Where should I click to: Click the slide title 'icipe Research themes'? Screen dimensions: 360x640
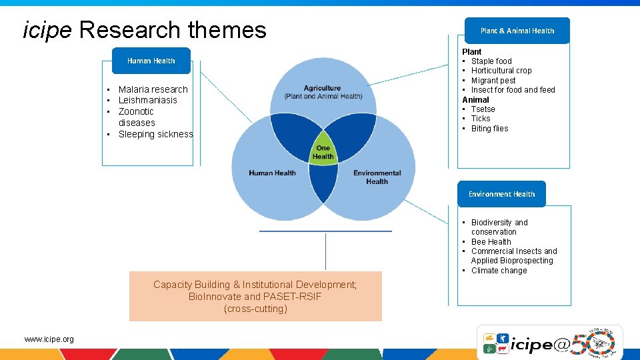(x=145, y=30)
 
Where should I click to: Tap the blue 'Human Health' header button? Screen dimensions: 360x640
(x=151, y=61)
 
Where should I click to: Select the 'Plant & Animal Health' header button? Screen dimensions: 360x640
(x=517, y=31)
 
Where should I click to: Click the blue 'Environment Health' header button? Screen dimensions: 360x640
(x=501, y=194)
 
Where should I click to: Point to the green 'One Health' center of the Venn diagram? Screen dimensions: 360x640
(x=323, y=152)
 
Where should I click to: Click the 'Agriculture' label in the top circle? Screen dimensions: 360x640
(x=323, y=88)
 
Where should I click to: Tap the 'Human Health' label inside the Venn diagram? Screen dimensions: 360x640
(x=272, y=173)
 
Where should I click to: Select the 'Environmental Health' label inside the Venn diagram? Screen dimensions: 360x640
(x=377, y=177)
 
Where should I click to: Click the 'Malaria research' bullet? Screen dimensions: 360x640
(x=153, y=89)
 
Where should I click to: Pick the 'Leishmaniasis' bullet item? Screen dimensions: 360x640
(x=147, y=100)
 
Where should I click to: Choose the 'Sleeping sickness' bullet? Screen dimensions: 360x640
(x=155, y=134)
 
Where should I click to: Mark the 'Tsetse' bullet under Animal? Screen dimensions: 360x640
(x=483, y=109)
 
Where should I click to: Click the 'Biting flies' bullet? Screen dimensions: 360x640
(x=489, y=129)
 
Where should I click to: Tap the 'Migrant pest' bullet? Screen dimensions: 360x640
(x=493, y=81)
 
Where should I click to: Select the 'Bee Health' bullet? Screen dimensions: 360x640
(x=491, y=242)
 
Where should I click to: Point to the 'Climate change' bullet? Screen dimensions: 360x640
(x=499, y=271)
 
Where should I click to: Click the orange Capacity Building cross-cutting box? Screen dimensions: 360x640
(x=255, y=296)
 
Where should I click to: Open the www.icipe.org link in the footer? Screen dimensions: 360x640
(x=49, y=339)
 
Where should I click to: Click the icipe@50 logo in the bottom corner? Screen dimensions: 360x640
(x=549, y=342)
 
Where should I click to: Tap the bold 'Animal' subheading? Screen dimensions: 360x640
(x=475, y=99)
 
